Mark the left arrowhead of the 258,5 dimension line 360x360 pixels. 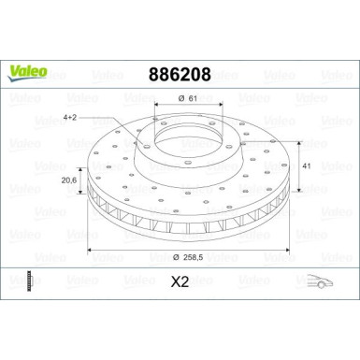(91, 251)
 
